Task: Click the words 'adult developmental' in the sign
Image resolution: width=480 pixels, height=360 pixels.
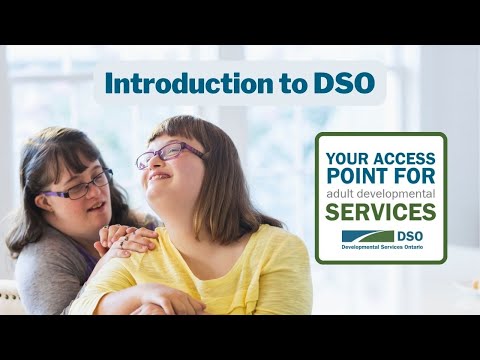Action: pos(380,192)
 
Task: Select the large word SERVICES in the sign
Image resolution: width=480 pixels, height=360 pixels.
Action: pos(380,211)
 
